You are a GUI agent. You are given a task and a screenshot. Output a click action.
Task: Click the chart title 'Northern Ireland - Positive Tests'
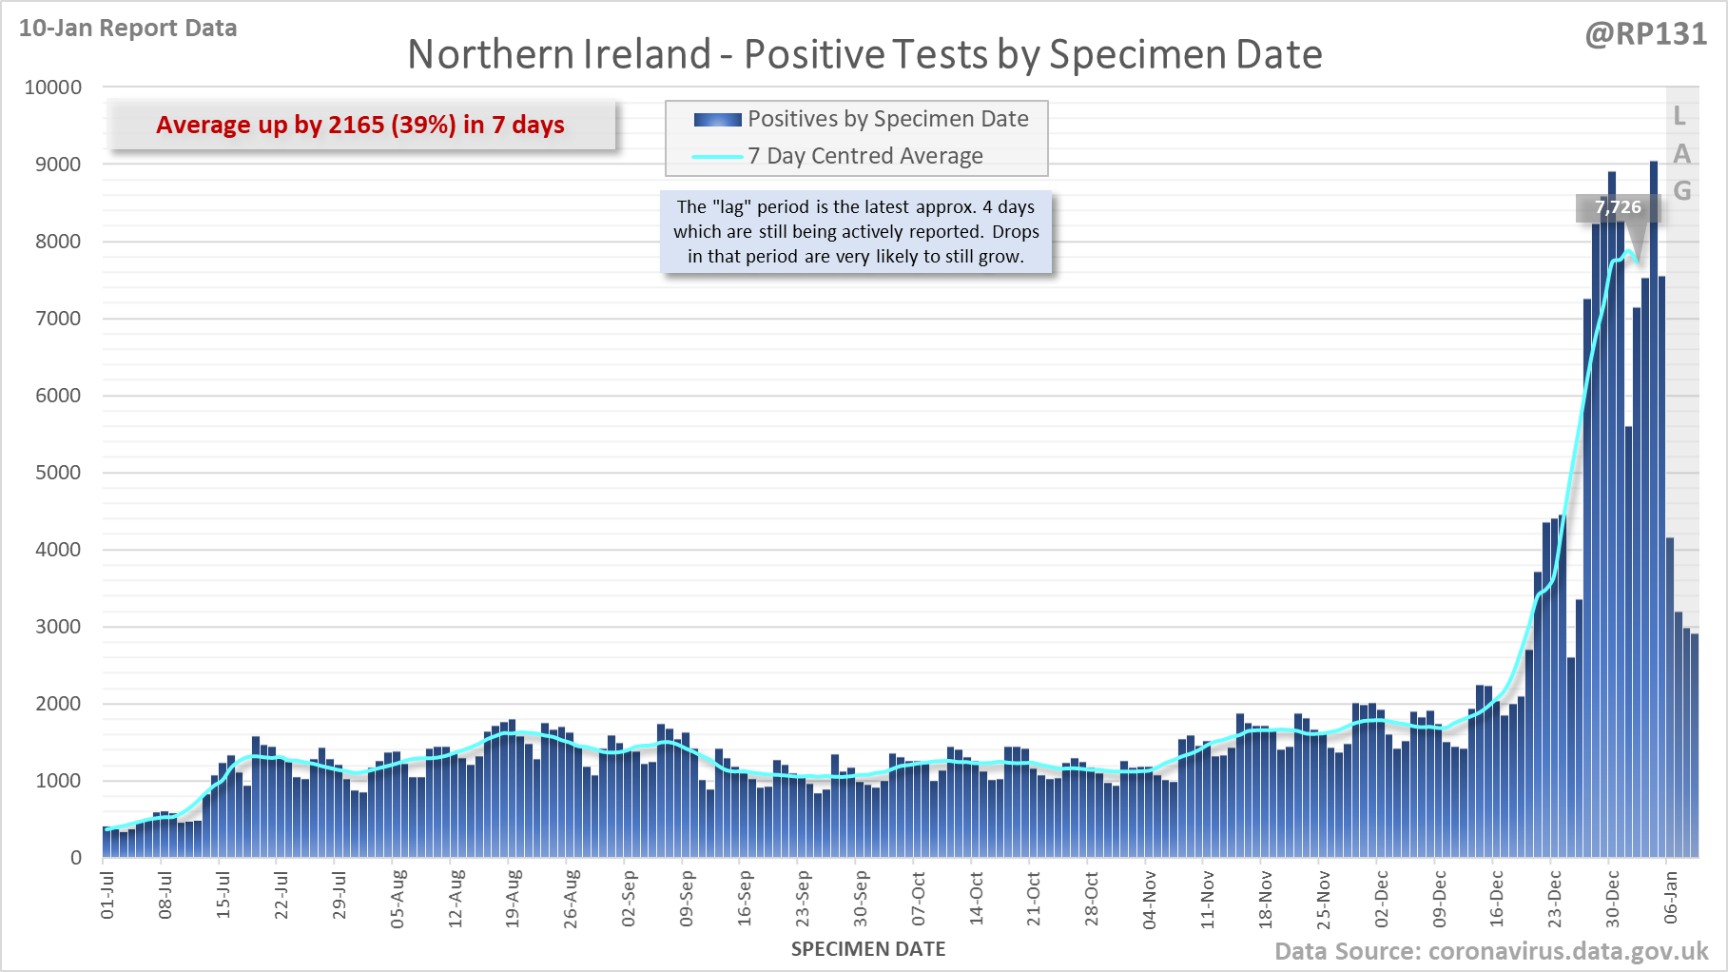864,54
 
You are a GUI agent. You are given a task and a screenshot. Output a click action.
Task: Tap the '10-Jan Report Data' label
127,29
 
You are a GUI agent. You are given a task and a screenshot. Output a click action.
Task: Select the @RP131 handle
1645,34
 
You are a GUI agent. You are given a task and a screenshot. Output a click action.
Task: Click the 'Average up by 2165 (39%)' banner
360,125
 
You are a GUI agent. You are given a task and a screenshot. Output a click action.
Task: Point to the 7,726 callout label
1617,207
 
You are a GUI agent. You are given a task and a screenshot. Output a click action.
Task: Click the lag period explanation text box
856,231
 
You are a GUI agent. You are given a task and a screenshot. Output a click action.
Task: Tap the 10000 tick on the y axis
53,87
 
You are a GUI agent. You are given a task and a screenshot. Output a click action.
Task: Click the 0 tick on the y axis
76,858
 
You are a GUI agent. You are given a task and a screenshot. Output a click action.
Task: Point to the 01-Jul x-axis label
107,894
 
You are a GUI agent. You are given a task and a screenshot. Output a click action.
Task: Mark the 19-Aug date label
513,897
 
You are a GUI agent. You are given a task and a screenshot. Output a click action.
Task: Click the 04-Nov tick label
1150,899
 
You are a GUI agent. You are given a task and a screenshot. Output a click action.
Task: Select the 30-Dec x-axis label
1612,899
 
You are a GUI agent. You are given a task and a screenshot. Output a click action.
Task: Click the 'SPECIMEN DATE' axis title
867,949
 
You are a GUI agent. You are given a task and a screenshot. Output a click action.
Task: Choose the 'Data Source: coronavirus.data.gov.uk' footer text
1490,951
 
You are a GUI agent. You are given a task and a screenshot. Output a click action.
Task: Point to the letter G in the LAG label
1681,190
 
